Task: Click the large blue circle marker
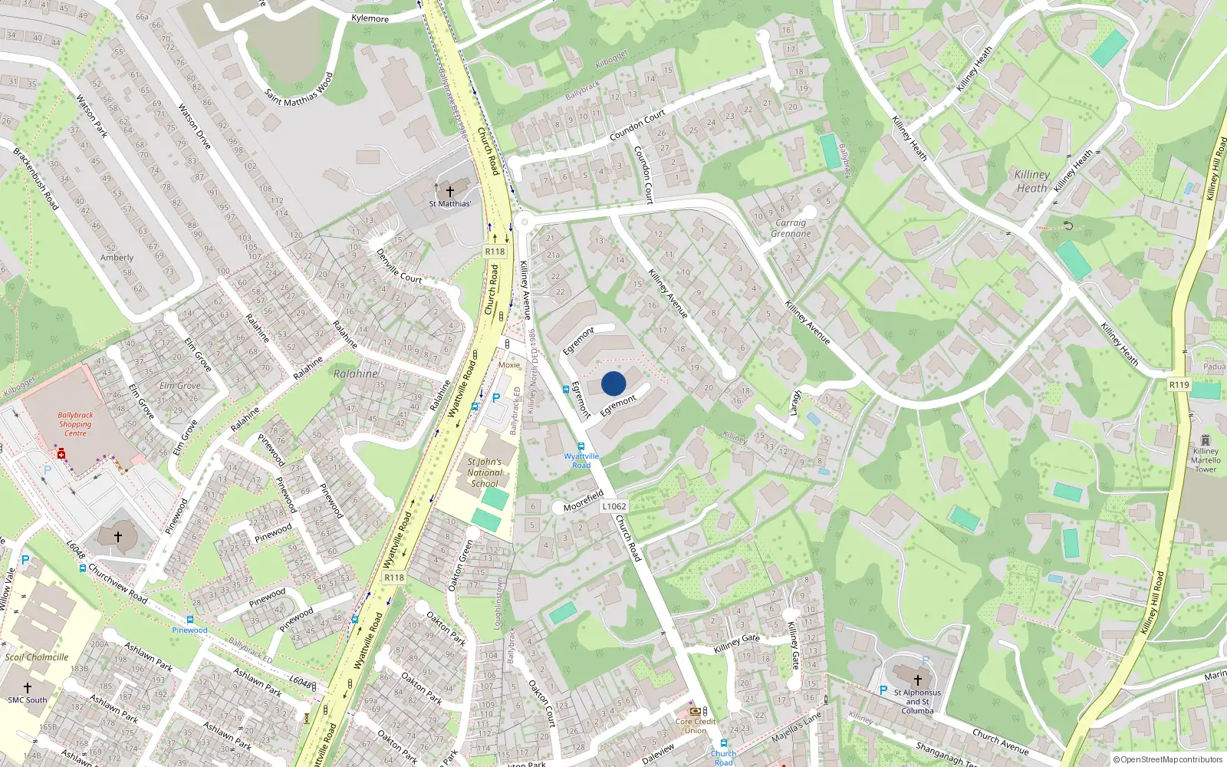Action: (613, 383)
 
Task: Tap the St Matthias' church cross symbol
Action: (450, 191)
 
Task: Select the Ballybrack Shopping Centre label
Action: (75, 424)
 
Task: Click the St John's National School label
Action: (485, 472)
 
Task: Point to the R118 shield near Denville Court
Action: (495, 252)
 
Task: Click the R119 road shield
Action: (1179, 385)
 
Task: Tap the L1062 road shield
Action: (613, 506)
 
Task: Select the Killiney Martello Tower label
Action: (1205, 460)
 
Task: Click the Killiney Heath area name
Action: (1031, 181)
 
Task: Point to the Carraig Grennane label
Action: (791, 228)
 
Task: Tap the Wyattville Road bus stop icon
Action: (581, 446)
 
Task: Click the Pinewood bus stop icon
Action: (189, 620)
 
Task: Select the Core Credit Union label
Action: (696, 726)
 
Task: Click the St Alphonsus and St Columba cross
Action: (917, 680)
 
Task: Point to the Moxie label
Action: (508, 365)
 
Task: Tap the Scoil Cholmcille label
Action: (37, 657)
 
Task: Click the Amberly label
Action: (117, 258)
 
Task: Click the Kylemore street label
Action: (370, 18)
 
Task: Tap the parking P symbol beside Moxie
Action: (495, 398)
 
